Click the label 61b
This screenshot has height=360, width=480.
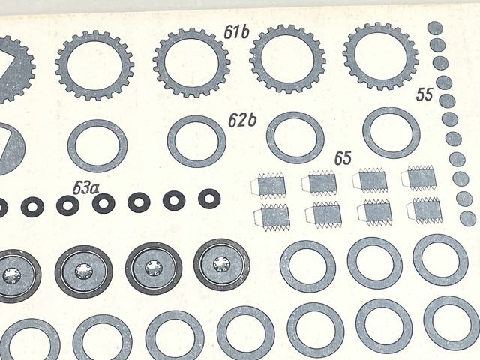pyautogui.click(x=236, y=32)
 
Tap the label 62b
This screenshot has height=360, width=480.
pyautogui.click(x=242, y=120)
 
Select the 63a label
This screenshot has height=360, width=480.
pyautogui.click(x=85, y=187)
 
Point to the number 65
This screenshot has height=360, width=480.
pyautogui.click(x=343, y=158)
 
